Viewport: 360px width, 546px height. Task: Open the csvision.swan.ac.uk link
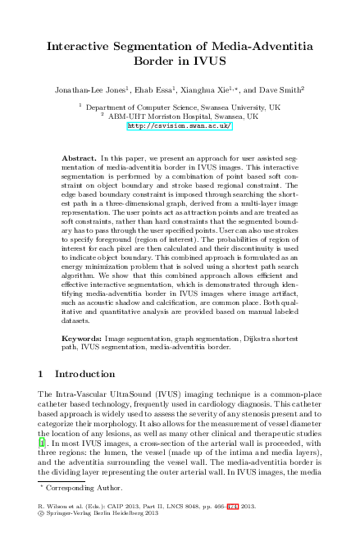click(x=180, y=126)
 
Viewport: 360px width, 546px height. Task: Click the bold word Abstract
click(x=80, y=156)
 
